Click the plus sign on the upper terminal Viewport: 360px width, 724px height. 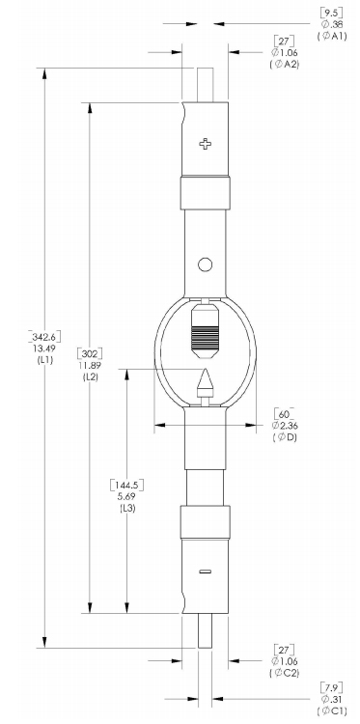(x=206, y=144)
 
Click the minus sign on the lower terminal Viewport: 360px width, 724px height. (x=206, y=571)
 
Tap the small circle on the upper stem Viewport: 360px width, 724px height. (x=205, y=265)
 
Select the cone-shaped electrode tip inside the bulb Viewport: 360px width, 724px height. (x=205, y=381)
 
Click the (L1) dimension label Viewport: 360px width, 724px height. (x=45, y=360)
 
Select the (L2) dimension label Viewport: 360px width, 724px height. (x=90, y=376)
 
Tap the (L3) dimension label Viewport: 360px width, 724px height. (x=127, y=508)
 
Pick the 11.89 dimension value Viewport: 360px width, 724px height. (x=90, y=365)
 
